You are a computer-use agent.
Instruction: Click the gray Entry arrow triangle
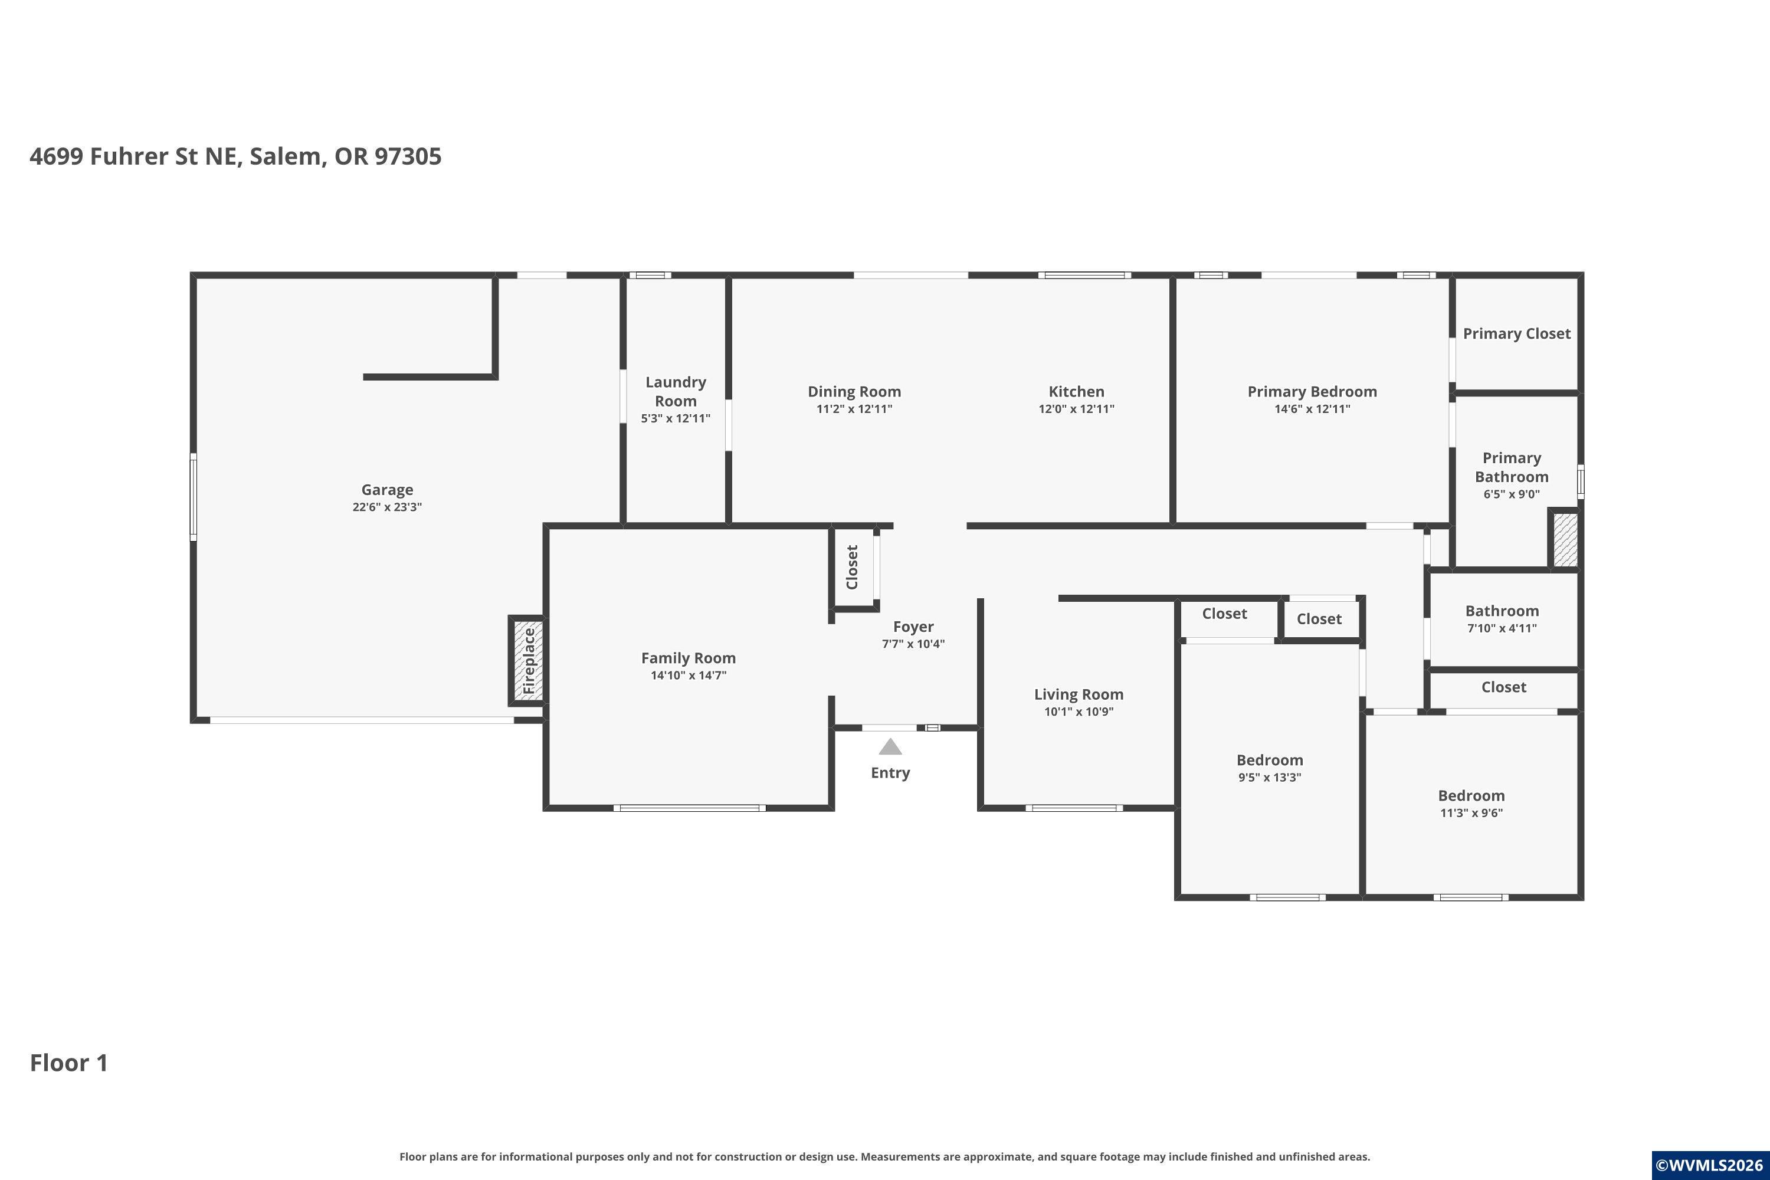click(890, 746)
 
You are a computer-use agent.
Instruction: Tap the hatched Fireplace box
click(528, 661)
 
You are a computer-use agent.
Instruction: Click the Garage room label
click(387, 490)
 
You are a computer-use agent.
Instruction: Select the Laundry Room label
click(676, 391)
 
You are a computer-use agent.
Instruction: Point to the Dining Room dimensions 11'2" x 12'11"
click(854, 409)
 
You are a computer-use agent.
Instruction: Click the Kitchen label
click(1076, 391)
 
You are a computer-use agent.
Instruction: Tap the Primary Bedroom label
click(1312, 391)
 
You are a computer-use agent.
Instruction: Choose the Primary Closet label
click(1516, 333)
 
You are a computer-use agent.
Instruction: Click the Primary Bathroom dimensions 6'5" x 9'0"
click(1512, 494)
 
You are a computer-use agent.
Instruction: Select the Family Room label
click(689, 658)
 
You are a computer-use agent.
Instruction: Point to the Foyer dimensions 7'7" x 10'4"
click(913, 644)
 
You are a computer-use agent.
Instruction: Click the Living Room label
click(1079, 694)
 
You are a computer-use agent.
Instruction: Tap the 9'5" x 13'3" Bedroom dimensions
click(1270, 778)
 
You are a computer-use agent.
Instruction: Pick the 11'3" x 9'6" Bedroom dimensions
click(1471, 814)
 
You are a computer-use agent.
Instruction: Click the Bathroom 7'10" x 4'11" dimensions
click(1502, 628)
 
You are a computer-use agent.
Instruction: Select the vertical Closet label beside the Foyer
click(852, 568)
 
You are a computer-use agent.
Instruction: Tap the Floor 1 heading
click(69, 1063)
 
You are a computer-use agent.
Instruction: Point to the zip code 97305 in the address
click(408, 156)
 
